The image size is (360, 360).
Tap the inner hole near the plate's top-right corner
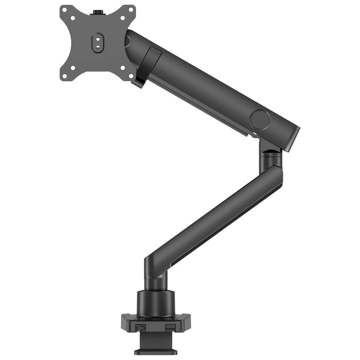coord(123,18)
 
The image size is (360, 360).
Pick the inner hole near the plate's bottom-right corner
coord(123,67)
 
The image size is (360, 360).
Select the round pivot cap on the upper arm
coord(260,120)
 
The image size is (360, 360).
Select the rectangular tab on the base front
coord(170,328)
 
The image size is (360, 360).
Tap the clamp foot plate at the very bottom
coord(156,352)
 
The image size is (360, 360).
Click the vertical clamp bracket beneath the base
coord(156,340)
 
